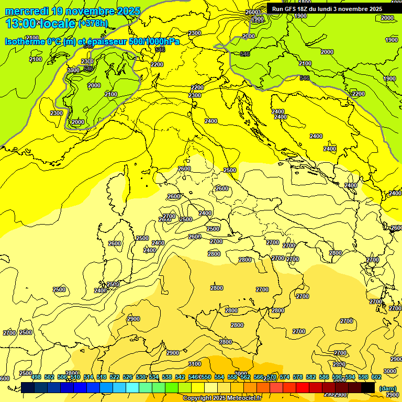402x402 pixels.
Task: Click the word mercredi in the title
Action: [x=28, y=11]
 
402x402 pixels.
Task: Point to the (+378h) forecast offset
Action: [x=94, y=24]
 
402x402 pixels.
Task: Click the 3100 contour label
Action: [x=194, y=364]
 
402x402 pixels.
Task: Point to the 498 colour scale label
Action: [x=36, y=377]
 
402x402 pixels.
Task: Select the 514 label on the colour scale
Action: [x=89, y=377]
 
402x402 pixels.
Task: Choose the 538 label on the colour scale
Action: [x=167, y=377]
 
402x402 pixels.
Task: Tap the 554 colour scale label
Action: [x=219, y=377]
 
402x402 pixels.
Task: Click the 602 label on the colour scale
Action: [x=376, y=377]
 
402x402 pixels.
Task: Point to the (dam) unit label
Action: [x=387, y=388]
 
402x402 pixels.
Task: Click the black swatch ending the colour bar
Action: [x=368, y=387]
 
